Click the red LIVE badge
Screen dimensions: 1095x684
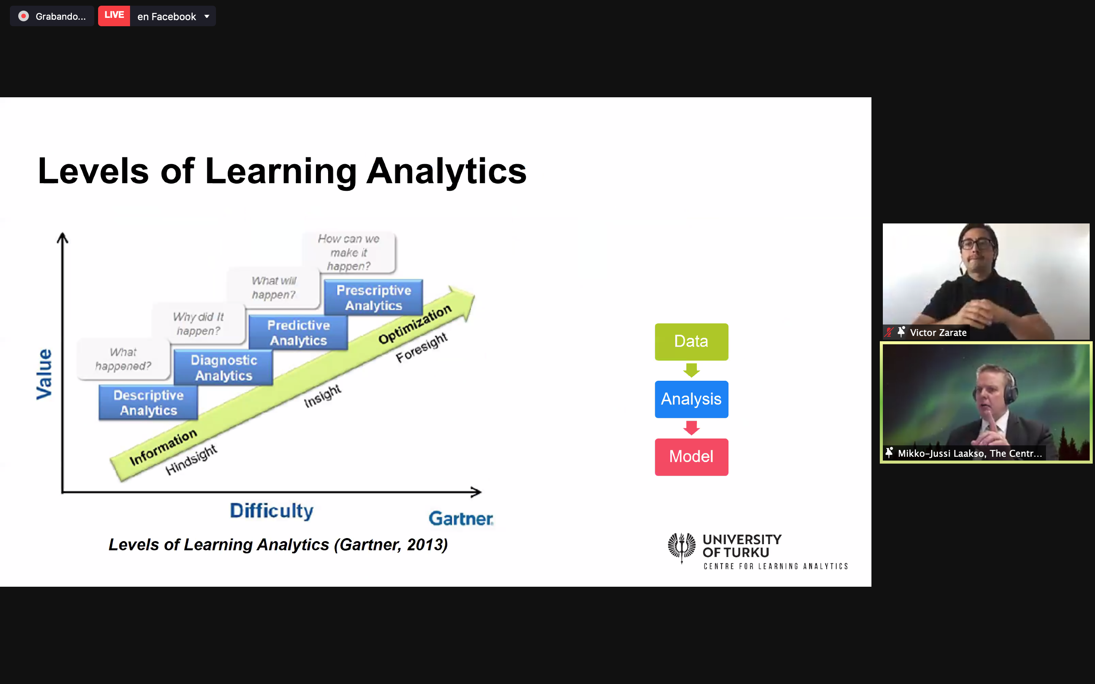114,16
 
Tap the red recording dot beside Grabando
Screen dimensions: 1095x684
24,16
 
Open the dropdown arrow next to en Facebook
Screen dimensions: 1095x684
207,17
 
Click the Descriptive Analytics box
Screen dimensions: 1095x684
148,403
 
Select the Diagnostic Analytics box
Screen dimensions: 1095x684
224,367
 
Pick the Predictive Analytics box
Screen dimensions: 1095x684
298,332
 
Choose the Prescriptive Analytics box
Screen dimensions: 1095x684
374,297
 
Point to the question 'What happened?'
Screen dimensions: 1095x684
123,359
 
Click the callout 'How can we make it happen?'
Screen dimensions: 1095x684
349,252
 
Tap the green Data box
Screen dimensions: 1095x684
691,342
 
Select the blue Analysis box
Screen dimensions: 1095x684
691,399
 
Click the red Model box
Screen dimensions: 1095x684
691,457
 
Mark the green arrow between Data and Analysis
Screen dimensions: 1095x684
691,370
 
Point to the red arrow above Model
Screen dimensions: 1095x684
691,428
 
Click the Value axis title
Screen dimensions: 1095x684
44,374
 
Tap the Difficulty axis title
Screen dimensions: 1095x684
271,511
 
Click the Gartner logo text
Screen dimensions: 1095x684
461,518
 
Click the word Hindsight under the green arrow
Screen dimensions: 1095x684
191,460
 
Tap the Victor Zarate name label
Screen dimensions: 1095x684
938,332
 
